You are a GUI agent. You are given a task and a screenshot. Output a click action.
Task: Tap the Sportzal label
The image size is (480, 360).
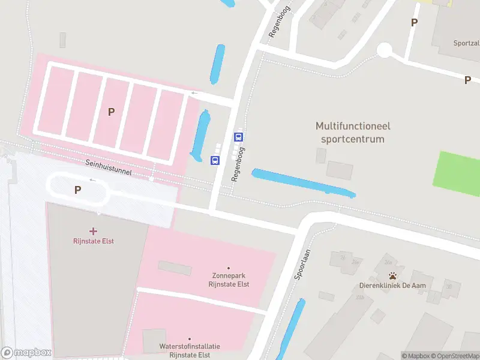tap(466, 43)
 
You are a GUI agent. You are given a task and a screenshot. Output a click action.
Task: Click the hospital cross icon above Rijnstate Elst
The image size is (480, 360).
tap(93, 231)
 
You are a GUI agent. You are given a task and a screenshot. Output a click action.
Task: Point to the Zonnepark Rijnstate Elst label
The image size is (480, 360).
tap(229, 280)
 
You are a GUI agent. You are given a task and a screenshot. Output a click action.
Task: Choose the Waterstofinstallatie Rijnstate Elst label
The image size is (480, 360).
tap(190, 350)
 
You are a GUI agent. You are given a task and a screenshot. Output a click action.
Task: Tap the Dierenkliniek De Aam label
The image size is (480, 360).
tap(392, 286)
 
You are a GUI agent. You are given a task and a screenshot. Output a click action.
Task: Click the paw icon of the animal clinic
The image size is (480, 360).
tap(392, 275)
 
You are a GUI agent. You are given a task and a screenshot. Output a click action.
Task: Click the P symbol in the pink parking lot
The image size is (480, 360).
tap(111, 112)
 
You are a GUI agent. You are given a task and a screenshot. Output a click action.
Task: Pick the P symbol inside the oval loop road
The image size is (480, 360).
tap(77, 190)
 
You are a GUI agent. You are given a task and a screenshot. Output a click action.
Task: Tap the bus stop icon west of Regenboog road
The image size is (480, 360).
tap(215, 160)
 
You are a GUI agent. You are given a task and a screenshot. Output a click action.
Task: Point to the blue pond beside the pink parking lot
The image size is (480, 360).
tap(201, 136)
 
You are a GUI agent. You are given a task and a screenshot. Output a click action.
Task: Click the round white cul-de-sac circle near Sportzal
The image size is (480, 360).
tap(384, 50)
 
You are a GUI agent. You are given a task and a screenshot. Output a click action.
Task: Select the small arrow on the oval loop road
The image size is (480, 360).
tap(93, 179)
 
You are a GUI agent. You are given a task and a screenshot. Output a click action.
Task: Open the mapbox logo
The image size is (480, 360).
tap(26, 353)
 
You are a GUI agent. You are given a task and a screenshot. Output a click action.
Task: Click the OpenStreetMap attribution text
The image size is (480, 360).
tap(458, 356)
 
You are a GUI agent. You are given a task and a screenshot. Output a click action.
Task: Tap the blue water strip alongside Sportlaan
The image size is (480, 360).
tap(290, 329)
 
